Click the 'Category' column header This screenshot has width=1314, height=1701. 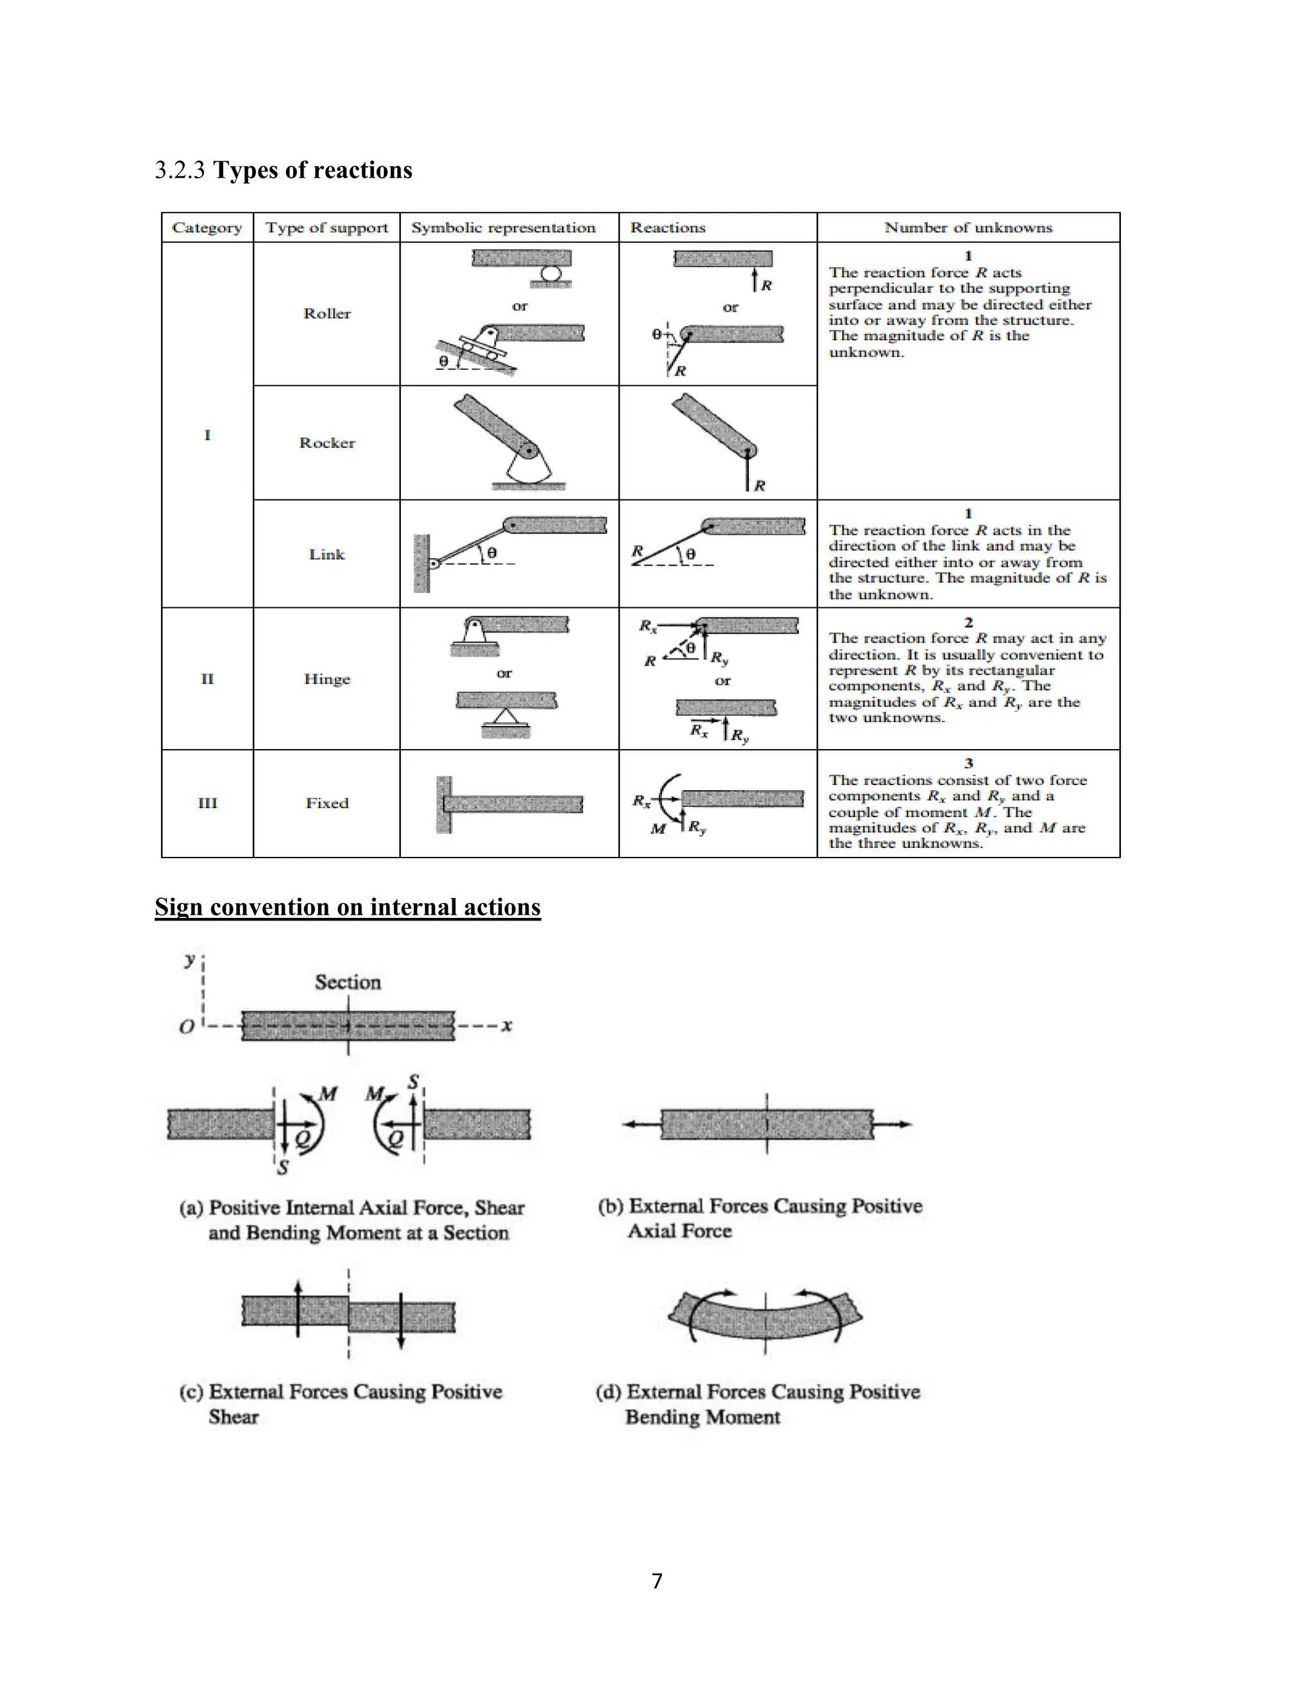pyautogui.click(x=207, y=227)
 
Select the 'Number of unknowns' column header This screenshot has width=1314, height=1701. pyautogui.click(x=968, y=227)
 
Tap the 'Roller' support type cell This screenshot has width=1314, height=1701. pyautogui.click(x=327, y=313)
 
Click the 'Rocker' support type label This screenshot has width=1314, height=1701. pyautogui.click(x=327, y=442)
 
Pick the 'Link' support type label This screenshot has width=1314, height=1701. pyautogui.click(x=327, y=555)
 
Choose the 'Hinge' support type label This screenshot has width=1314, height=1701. pyautogui.click(x=327, y=678)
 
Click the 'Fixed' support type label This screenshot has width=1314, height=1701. pyautogui.click(x=327, y=803)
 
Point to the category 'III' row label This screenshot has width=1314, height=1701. pyautogui.click(x=207, y=803)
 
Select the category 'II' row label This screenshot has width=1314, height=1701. pyautogui.click(x=207, y=678)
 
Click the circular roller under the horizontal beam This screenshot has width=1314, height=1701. pyautogui.click(x=551, y=273)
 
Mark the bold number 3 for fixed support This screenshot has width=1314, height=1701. pyautogui.click(x=968, y=763)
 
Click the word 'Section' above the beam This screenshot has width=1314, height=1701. pyautogui.click(x=348, y=982)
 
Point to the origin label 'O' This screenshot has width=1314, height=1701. pyautogui.click(x=187, y=1027)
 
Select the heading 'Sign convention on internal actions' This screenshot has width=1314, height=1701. pyautogui.click(x=347, y=908)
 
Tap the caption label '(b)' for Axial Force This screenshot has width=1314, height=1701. pyautogui.click(x=611, y=1207)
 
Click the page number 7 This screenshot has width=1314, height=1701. pyautogui.click(x=657, y=1581)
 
